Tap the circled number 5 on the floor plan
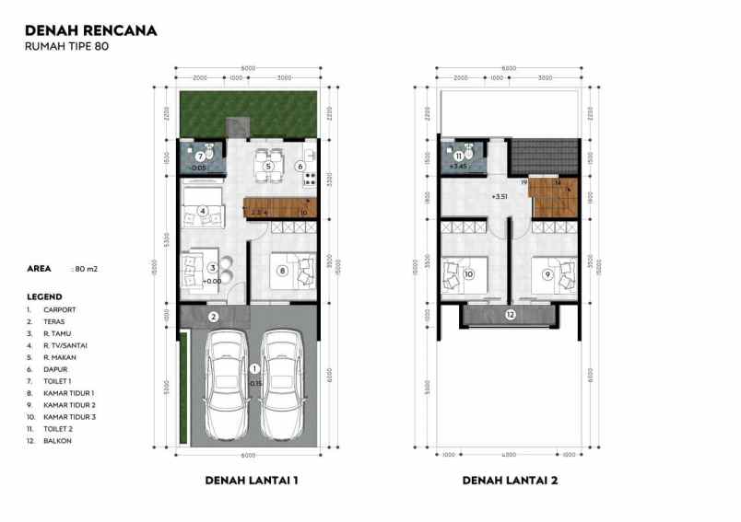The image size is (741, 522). coord(267,167)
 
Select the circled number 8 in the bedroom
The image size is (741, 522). coord(282,271)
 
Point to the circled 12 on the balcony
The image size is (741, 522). coord(511,315)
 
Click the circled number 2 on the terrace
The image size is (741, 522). coord(213,318)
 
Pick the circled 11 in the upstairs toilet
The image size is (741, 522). coord(458,157)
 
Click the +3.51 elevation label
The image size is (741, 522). coord(501,196)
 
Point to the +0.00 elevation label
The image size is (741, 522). coord(213,281)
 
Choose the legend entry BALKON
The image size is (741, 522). coord(57,441)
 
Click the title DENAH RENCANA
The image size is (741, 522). coord(91,29)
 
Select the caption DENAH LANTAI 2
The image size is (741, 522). coord(510,480)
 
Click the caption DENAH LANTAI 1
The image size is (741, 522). coord(250,480)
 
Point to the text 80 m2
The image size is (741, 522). coord(87,272)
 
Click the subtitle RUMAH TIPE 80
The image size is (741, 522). coord(68,47)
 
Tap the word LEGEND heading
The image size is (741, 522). coord(45,297)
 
